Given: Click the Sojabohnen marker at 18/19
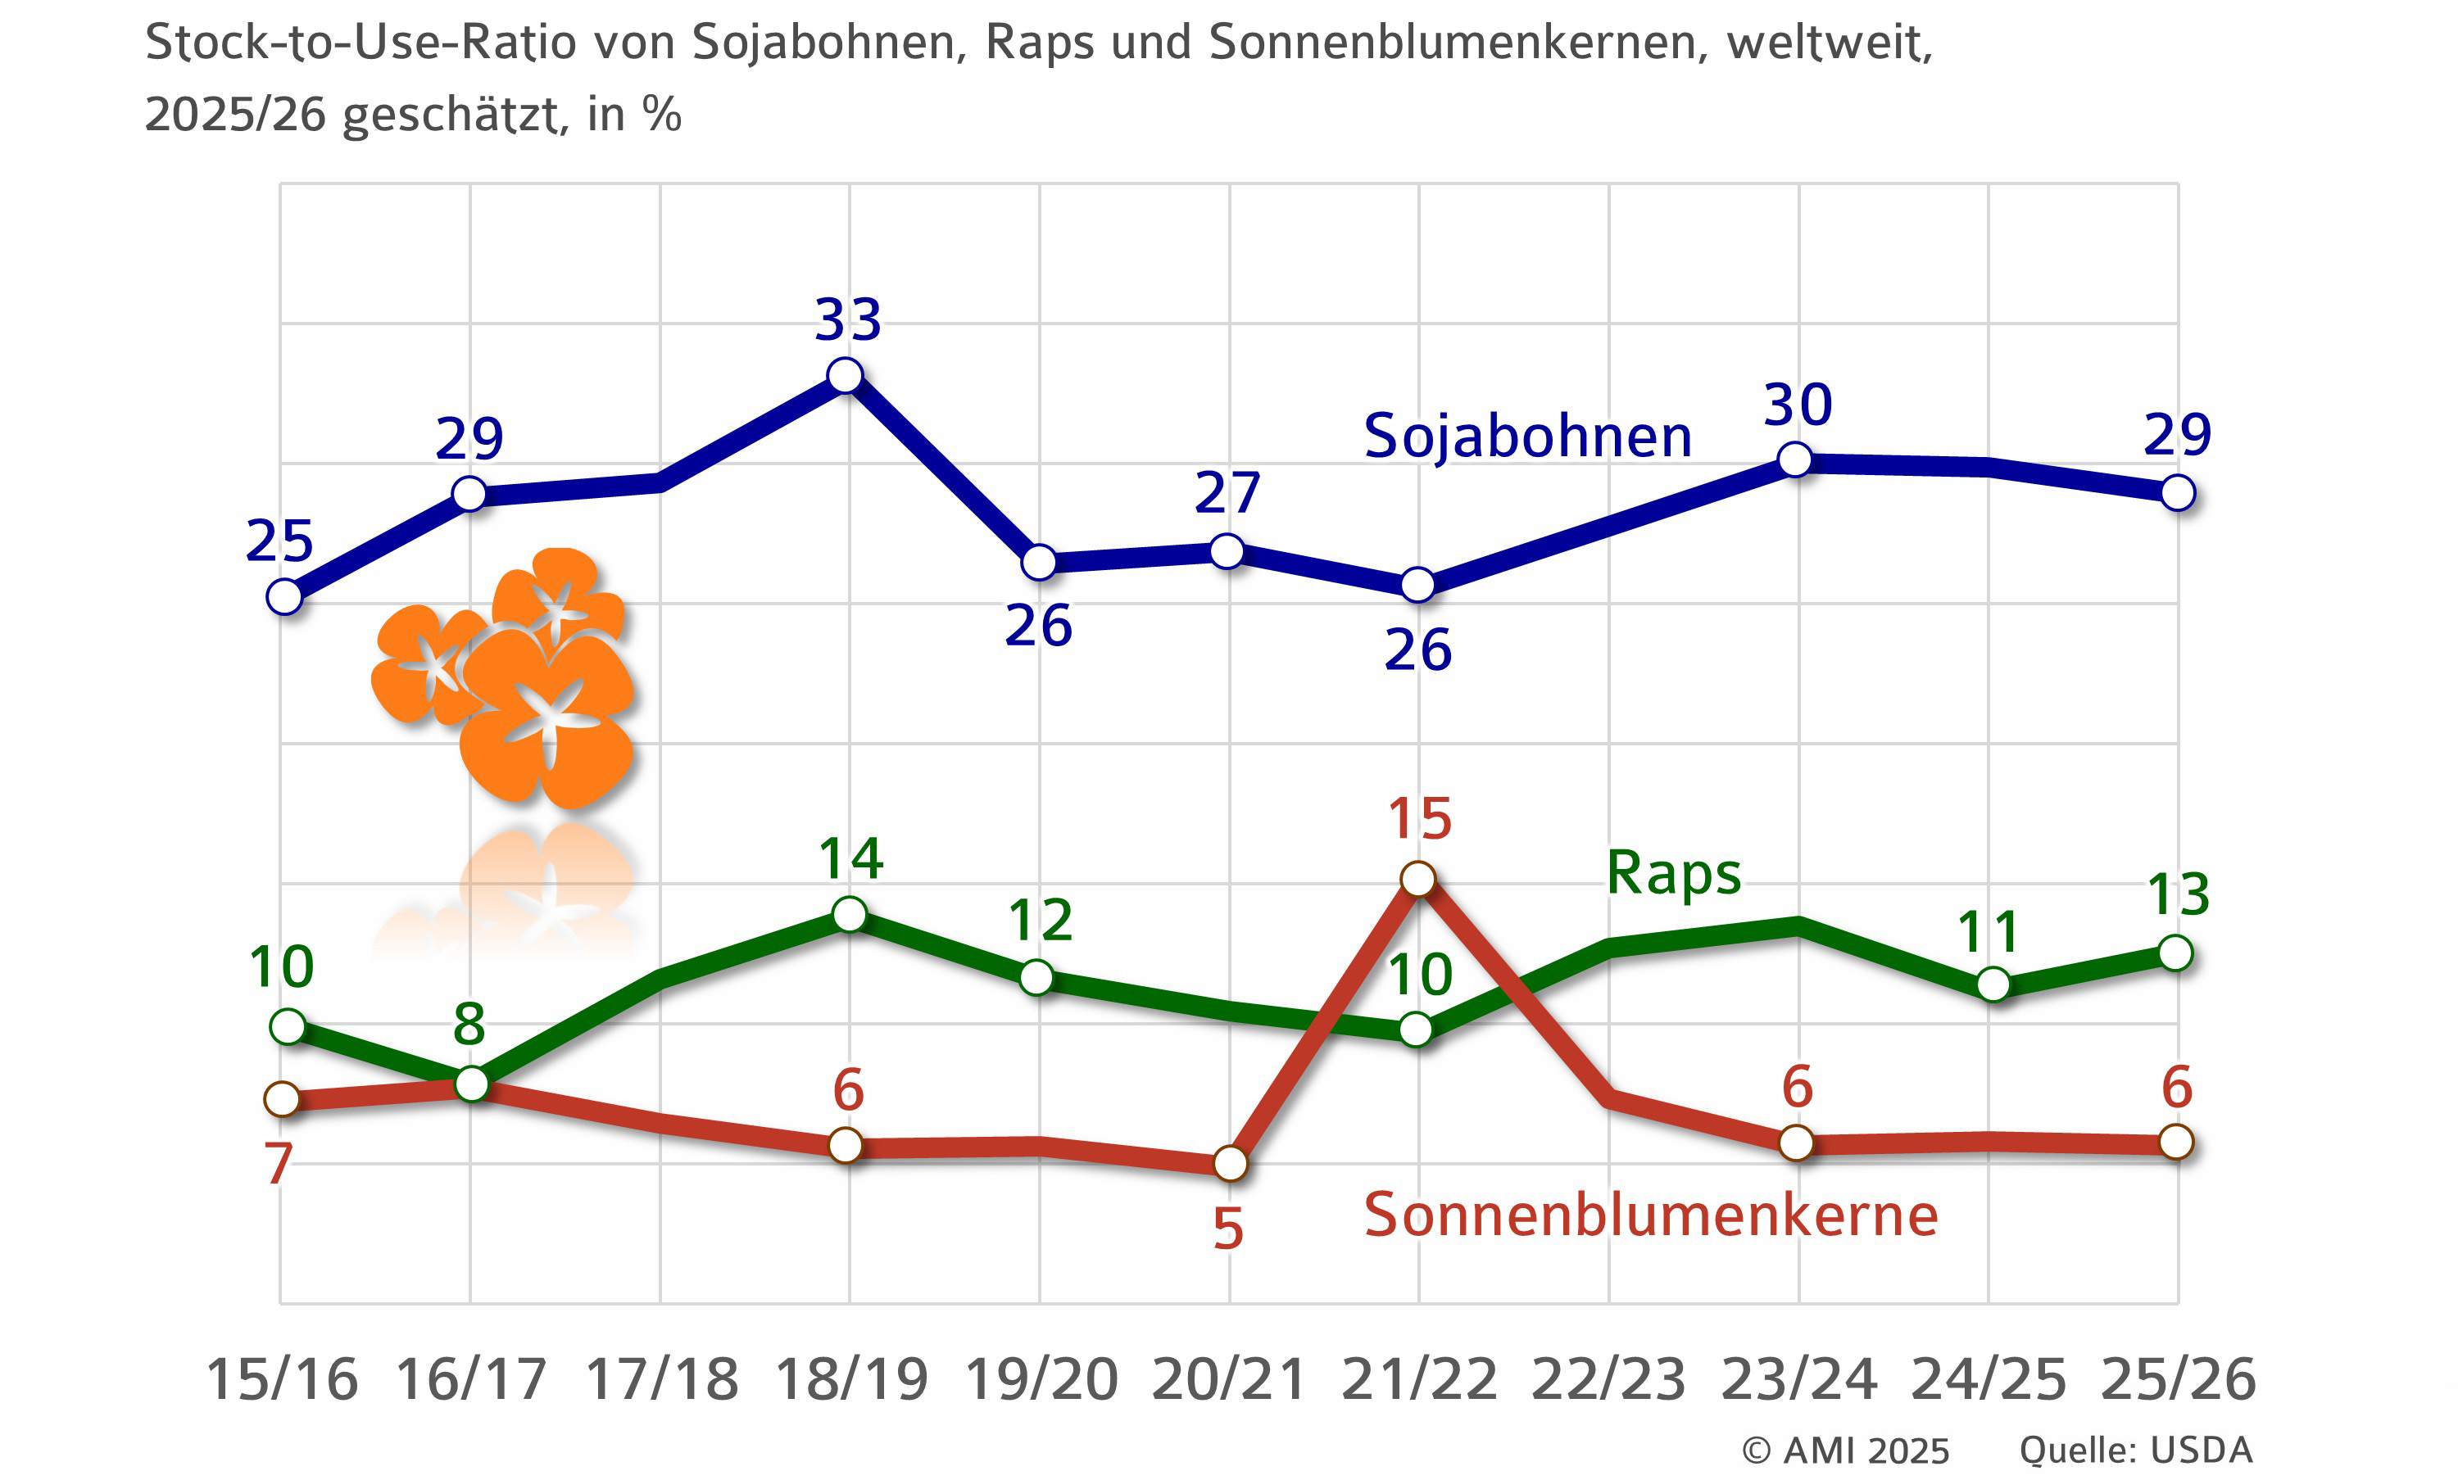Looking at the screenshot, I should (x=845, y=376).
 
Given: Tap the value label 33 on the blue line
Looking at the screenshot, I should (x=848, y=321).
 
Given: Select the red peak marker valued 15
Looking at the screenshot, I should (x=1417, y=879).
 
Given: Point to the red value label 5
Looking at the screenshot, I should (x=1228, y=1229).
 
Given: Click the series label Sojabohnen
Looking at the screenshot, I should (x=1527, y=437).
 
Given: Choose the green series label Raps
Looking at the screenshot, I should (x=1673, y=874).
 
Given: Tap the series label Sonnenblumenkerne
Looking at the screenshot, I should (x=1650, y=1215).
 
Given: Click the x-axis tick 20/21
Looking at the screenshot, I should (x=1228, y=1380).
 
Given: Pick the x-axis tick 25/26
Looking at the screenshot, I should (x=2178, y=1380).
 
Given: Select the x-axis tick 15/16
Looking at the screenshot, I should (x=281, y=1380).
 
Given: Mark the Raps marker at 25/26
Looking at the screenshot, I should (x=2175, y=953).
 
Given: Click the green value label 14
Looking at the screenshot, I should (x=850, y=858).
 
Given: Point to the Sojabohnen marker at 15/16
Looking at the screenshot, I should (x=284, y=597).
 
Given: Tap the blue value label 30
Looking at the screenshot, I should (x=1798, y=405).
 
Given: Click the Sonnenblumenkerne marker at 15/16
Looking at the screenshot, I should (x=283, y=1099).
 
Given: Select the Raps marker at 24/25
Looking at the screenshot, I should (x=1992, y=984).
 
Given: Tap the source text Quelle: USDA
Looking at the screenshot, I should (x=2136, y=1450).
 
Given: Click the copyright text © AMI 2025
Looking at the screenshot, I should (x=1844, y=1450).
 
